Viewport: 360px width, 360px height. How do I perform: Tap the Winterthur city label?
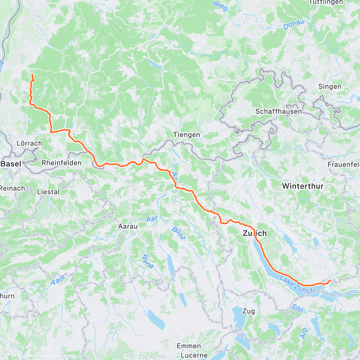point(302,186)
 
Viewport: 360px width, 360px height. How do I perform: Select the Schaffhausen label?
point(278,111)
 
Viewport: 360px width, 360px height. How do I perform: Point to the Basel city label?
point(11,164)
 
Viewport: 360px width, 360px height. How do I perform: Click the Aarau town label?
point(128,226)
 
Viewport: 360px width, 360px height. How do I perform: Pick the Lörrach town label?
point(29,143)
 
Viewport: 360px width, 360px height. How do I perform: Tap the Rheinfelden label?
point(61,163)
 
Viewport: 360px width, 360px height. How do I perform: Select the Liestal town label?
point(48,192)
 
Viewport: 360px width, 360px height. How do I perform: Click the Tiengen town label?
point(187,135)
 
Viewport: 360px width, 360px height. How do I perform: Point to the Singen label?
point(330,87)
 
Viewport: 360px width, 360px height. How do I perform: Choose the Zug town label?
point(249,311)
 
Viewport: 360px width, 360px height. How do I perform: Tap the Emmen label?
point(189,346)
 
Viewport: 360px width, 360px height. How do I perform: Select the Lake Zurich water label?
point(297,285)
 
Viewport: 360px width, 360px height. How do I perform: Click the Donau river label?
point(294,24)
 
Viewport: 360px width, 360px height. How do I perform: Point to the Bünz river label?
point(179,234)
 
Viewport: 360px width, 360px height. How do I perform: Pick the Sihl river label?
point(297,308)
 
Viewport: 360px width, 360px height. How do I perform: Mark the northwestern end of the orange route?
point(32,74)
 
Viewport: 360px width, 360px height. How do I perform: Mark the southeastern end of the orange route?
point(330,280)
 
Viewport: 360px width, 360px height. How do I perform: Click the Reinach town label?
point(12,188)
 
